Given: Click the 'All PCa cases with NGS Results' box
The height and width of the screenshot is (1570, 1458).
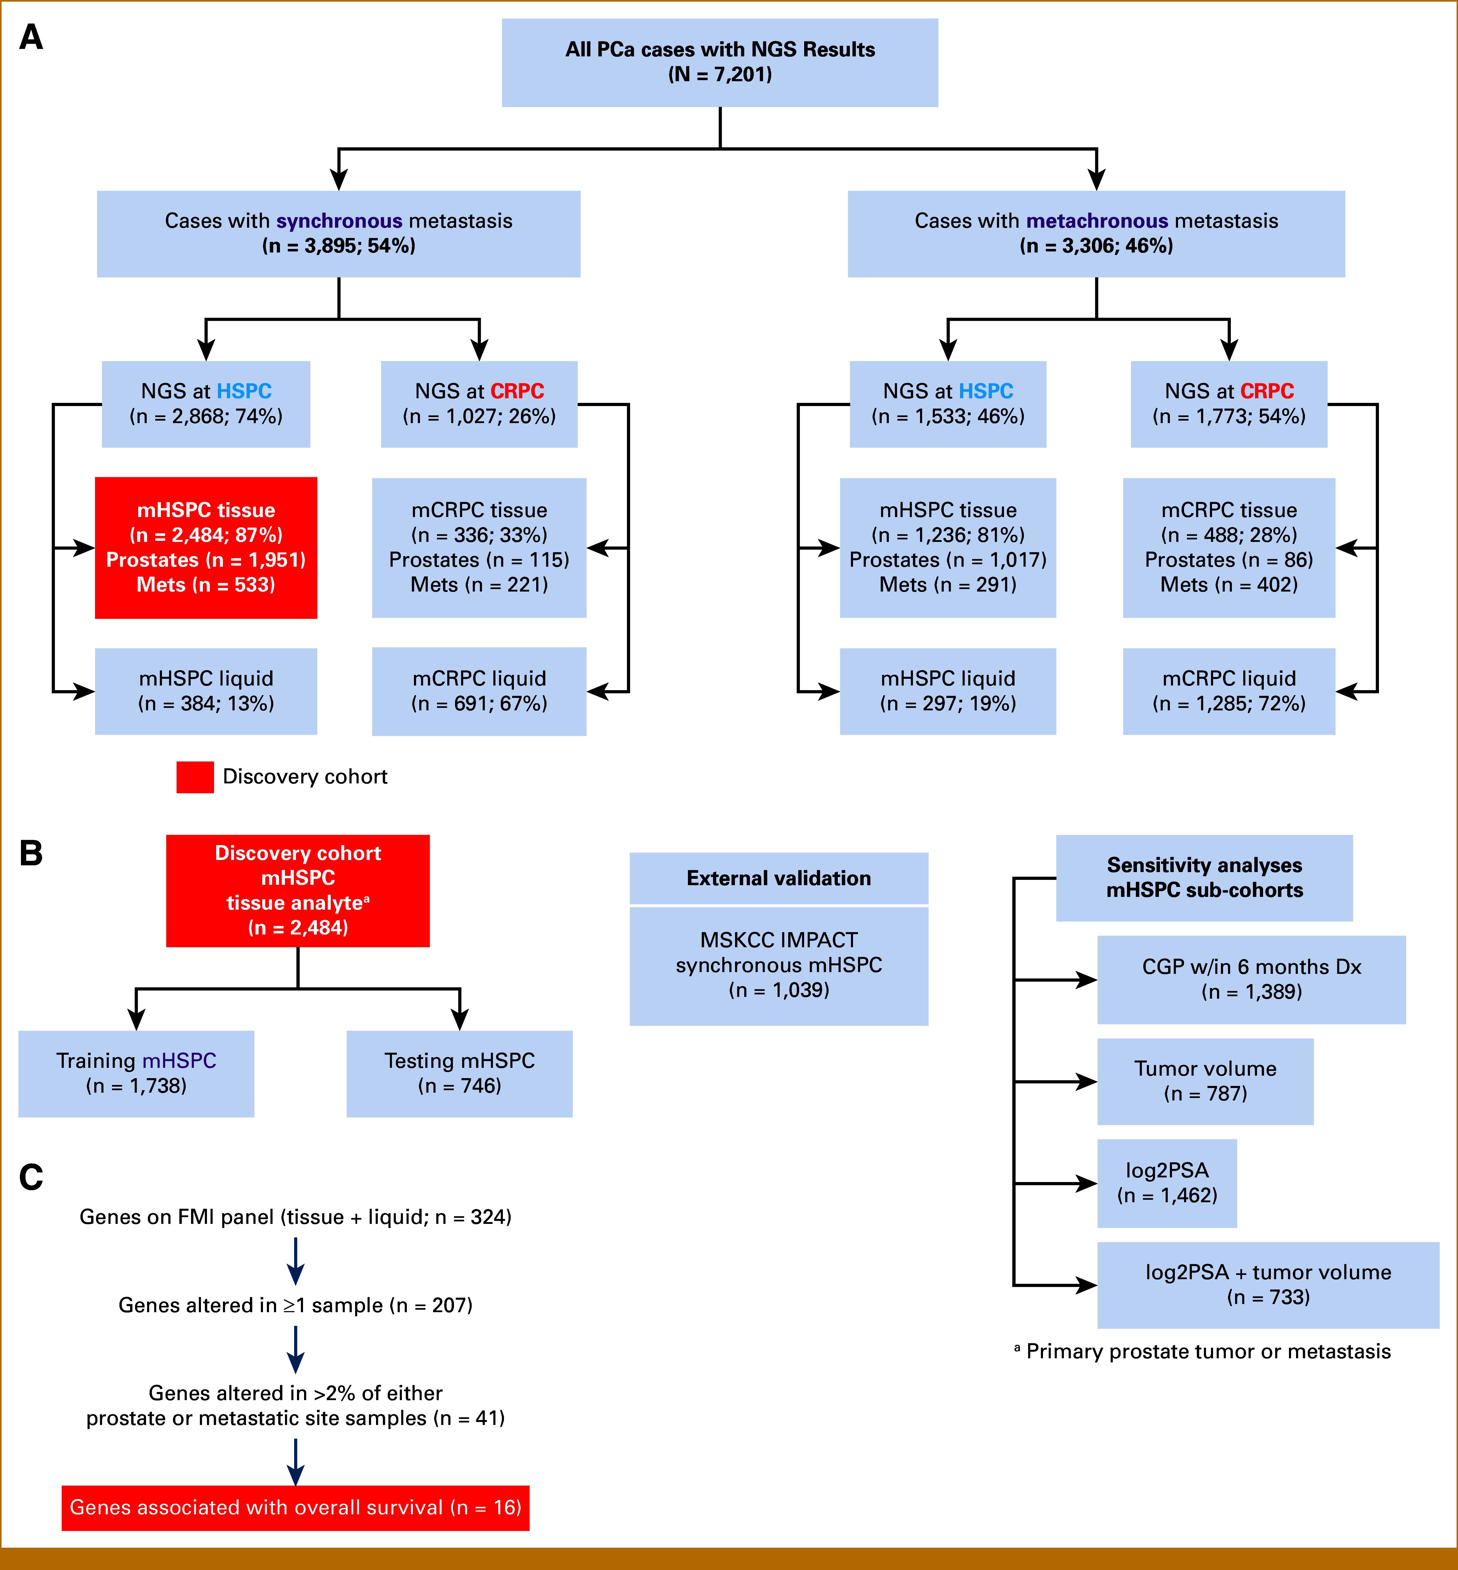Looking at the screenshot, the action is pos(719,62).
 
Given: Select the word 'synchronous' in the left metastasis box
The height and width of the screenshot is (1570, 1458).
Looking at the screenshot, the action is pos(339,221).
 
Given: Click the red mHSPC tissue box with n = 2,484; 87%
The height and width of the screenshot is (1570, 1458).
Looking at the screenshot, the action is pos(206,548).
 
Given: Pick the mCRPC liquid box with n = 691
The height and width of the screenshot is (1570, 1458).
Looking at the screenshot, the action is pos(479,692).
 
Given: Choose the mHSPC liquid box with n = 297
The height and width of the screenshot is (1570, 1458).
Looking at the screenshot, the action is pos(948,692).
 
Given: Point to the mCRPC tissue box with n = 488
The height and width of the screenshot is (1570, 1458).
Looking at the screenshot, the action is pos(1228,548).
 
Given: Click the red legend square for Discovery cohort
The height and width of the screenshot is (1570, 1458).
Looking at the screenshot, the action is pos(195,777).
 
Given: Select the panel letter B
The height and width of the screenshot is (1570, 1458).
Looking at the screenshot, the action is pos(31,853).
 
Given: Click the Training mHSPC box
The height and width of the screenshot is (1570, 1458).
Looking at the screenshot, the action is pos(136,1074).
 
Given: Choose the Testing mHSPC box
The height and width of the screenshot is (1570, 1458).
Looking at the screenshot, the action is pos(459,1074).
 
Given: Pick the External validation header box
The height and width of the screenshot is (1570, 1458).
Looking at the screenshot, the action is pos(779,878).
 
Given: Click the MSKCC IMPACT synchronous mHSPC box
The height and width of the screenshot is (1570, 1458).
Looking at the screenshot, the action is pos(779,965).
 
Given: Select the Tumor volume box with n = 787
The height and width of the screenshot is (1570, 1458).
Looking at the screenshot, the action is pos(1205,1081).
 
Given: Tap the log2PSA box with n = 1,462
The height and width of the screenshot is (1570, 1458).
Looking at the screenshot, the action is pos(1167,1183).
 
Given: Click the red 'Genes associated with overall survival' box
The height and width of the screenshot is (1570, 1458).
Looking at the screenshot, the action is pos(295,1508).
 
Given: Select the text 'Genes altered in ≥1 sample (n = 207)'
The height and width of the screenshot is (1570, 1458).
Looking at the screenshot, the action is pos(295,1305).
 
